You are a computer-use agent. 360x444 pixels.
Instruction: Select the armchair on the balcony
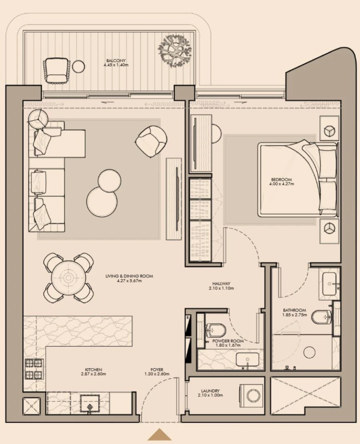(56, 69)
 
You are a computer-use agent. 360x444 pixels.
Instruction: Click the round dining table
(68, 278)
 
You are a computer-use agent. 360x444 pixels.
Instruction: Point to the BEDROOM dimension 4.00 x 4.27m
(281, 184)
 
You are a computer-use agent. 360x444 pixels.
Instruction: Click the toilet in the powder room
(215, 329)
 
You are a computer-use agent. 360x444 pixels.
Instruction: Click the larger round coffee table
(102, 202)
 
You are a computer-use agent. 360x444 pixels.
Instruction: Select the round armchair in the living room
(150, 140)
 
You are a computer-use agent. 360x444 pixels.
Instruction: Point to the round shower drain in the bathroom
(309, 352)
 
